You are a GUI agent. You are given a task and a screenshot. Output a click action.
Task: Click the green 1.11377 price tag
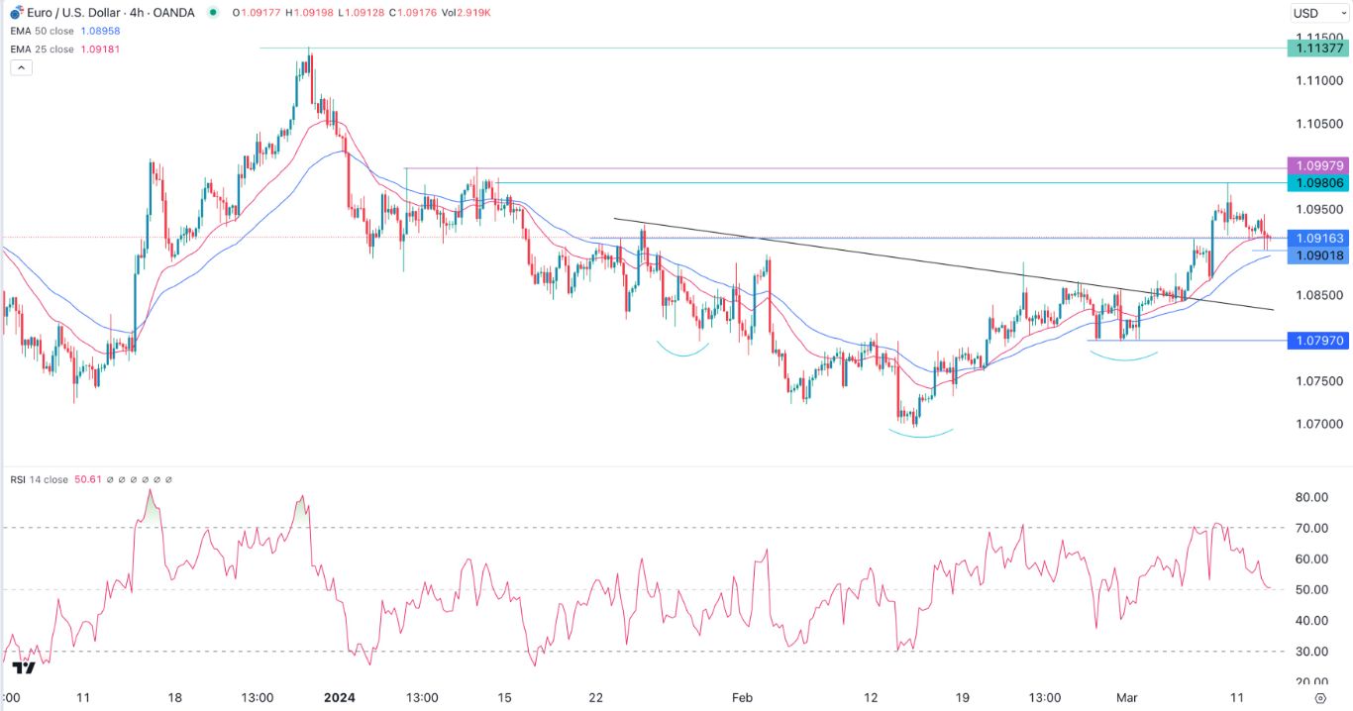(1315, 48)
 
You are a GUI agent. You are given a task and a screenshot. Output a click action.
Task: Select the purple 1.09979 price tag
(1315, 165)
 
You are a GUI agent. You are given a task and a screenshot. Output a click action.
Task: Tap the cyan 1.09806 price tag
(1315, 183)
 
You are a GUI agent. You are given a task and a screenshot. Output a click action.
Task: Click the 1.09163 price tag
(1315, 239)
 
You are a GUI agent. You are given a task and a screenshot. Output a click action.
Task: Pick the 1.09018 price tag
(1315, 255)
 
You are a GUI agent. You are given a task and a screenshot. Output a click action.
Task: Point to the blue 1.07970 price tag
(1315, 341)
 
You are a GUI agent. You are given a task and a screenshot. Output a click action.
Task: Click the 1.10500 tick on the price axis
(1315, 124)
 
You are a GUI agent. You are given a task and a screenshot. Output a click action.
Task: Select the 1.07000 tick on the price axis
(1315, 424)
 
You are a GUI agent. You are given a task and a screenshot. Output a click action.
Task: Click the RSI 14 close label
(39, 479)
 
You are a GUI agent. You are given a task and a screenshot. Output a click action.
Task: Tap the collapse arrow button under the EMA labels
(22, 67)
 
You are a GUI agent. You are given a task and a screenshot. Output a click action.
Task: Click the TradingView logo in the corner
(24, 667)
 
